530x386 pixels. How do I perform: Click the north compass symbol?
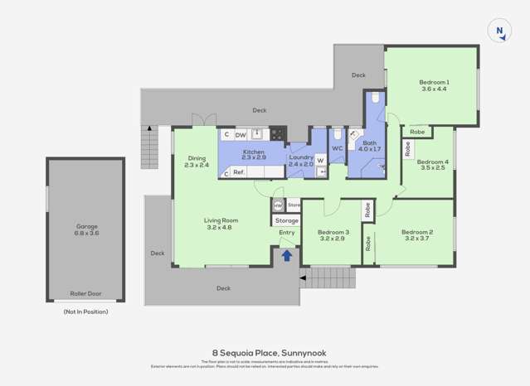point(498,31)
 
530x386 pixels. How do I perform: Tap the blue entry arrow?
point(286,256)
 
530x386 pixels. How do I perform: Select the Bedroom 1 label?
point(434,82)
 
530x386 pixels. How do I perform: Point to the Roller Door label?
point(85,293)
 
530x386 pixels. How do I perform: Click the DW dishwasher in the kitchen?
point(240,134)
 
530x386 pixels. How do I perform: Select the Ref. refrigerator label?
point(238,172)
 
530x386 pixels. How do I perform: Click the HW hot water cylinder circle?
point(278,205)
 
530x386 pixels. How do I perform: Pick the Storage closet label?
point(286,221)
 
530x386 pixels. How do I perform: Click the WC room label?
point(337,149)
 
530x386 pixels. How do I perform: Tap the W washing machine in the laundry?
point(320,160)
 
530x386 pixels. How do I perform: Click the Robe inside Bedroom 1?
point(418,132)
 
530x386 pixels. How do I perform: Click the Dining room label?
point(197,158)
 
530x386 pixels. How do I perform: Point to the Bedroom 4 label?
point(432,162)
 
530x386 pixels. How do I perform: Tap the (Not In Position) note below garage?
point(85,311)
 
